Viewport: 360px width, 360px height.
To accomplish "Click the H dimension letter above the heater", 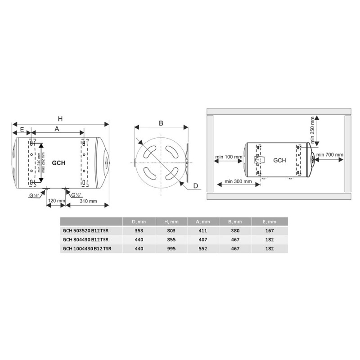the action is click(x=60, y=119).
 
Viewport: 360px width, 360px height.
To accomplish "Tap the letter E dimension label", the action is click(x=22, y=130).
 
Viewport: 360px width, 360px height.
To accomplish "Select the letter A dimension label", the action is click(x=57, y=129).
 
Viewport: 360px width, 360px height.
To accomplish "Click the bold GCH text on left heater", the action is click(x=58, y=163).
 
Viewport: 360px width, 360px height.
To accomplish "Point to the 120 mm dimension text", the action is click(x=56, y=201).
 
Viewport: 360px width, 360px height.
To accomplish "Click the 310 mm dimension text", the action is click(x=88, y=201).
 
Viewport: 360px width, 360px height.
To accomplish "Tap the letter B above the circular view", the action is click(x=161, y=123).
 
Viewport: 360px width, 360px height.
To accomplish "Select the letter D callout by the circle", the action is click(x=196, y=186).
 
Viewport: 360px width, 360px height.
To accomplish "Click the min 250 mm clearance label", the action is click(x=312, y=130).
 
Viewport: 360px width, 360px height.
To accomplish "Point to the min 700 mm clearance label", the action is click(x=330, y=155).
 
